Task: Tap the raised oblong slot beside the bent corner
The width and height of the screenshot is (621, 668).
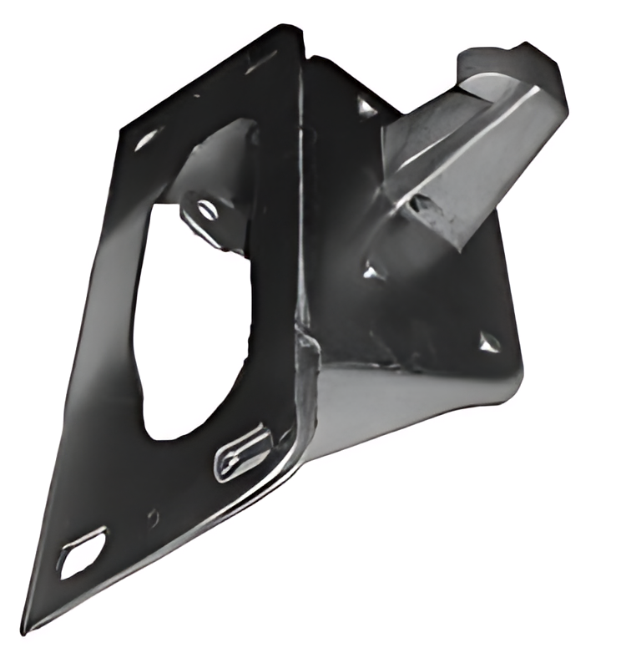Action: click(x=243, y=451)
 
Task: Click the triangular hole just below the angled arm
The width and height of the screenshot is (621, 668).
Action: click(x=372, y=269)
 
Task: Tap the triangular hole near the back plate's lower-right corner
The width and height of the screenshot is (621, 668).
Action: click(x=489, y=340)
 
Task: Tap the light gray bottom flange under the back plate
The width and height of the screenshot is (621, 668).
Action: click(x=392, y=409)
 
